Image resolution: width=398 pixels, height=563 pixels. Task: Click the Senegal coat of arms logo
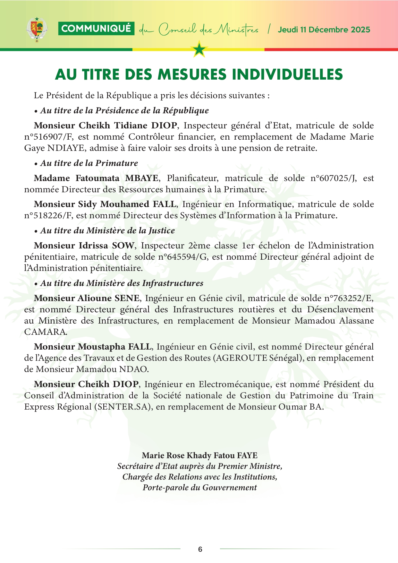tap(37, 30)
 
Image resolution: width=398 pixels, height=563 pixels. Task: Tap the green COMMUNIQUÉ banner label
tap(96, 29)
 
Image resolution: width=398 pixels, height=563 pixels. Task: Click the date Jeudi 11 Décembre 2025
tap(324, 30)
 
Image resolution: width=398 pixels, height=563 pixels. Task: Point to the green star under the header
tap(199, 49)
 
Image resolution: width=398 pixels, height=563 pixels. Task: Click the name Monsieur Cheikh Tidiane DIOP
tap(106, 125)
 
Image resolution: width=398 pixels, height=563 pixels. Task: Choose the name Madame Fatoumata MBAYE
tap(96, 178)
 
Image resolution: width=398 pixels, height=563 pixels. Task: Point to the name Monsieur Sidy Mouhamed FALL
tap(105, 204)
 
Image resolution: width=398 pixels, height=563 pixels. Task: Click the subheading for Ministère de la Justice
tap(107, 230)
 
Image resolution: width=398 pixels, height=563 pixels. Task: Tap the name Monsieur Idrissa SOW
tap(84, 246)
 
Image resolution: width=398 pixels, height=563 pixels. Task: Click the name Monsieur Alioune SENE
tap(87, 298)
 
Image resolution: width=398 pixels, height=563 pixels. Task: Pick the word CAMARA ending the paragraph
tap(45, 332)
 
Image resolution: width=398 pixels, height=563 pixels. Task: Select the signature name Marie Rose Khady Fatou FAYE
tap(199, 455)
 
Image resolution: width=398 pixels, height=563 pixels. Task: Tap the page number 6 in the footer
tap(200, 549)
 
